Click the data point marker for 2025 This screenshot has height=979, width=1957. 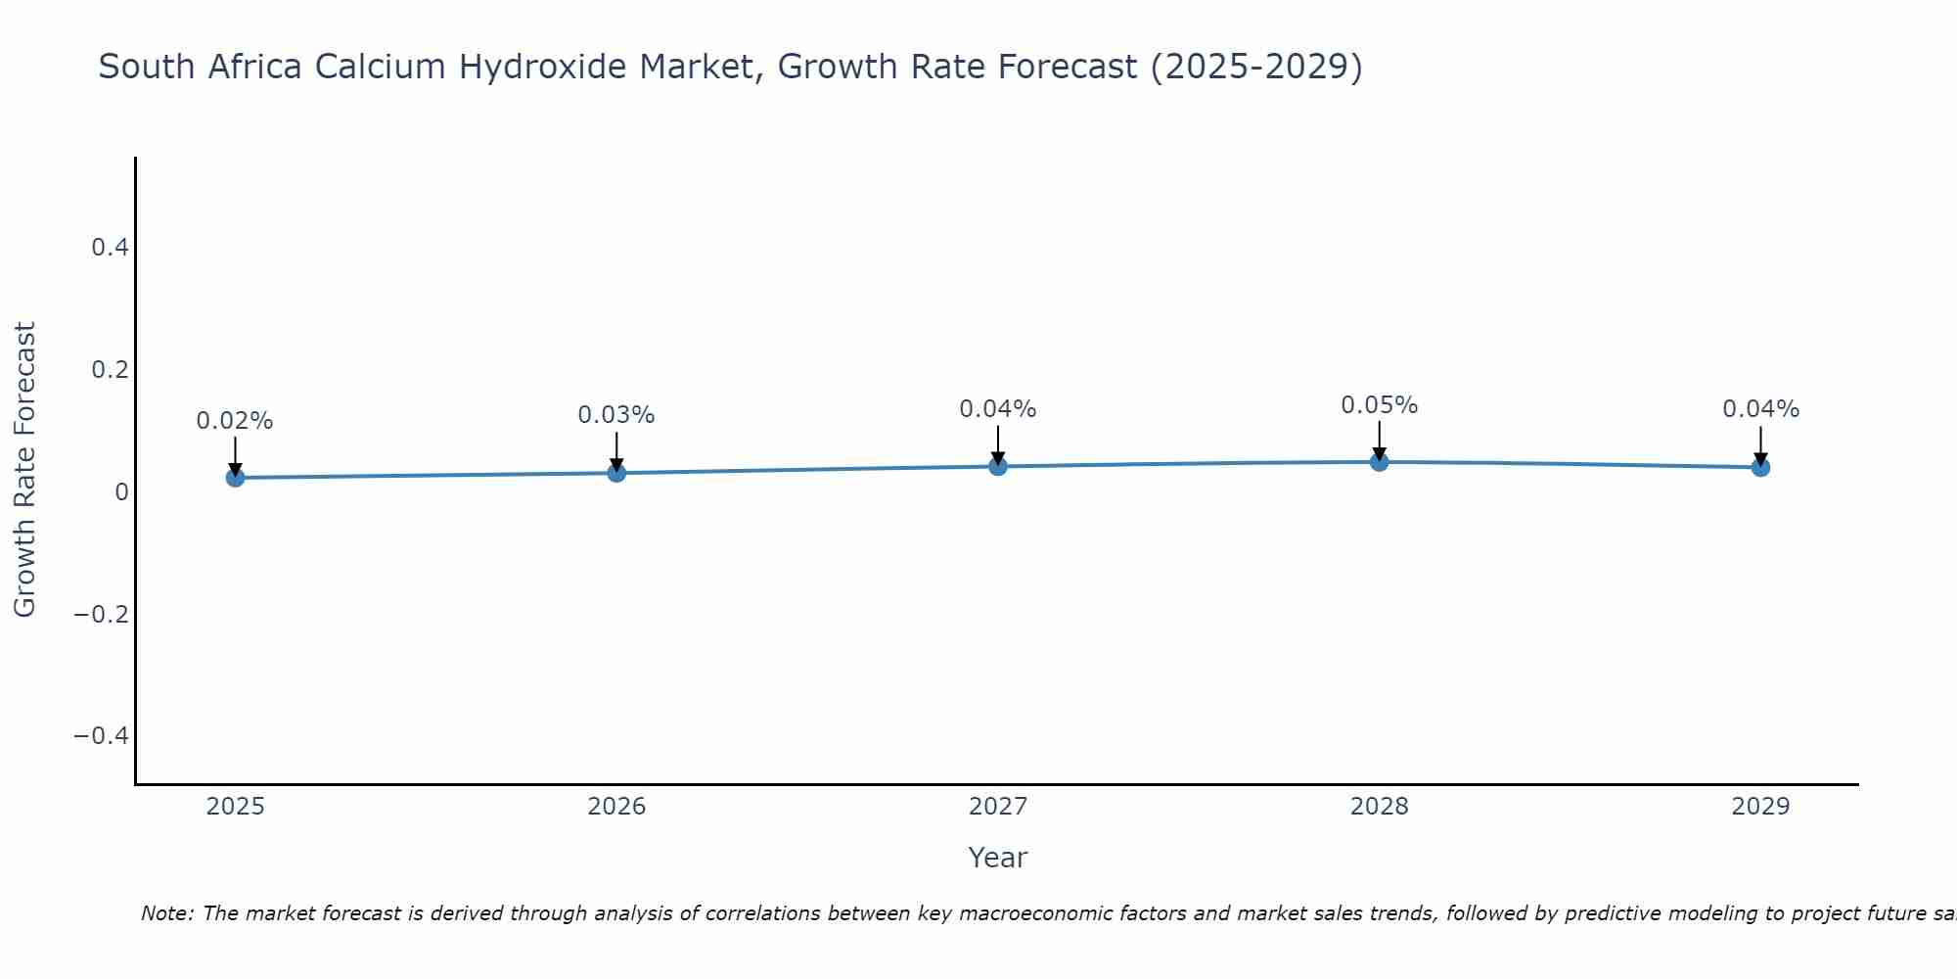235,478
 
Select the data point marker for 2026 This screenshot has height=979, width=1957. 616,473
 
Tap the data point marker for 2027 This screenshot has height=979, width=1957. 998,466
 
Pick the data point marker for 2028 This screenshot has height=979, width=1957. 1379,461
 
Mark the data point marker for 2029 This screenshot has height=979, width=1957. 1760,467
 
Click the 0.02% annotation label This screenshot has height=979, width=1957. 235,421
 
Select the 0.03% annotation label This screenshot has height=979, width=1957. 616,415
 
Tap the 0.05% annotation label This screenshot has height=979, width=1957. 1379,405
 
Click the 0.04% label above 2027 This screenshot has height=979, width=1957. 998,409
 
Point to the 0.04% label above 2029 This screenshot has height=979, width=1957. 1760,409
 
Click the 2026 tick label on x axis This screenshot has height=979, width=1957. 616,807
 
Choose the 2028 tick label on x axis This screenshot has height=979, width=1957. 1379,807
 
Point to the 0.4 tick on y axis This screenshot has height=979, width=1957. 111,248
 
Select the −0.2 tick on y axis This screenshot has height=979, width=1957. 102,614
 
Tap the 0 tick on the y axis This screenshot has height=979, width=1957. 121,491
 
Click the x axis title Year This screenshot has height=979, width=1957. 997,858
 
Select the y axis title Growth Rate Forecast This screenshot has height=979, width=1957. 24,470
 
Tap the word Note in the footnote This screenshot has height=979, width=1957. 166,913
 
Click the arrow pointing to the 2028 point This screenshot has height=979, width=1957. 1379,441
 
